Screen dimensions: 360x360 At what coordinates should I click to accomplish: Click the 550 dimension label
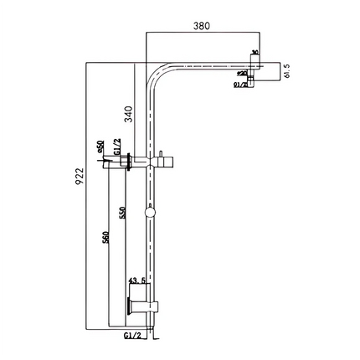point(123,213)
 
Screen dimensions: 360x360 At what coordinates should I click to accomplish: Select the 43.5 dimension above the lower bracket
point(137,281)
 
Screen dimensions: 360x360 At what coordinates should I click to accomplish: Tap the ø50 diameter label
point(100,147)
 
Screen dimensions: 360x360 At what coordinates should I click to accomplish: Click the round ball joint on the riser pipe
point(150,213)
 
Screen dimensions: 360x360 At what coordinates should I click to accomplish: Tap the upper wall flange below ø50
point(126,161)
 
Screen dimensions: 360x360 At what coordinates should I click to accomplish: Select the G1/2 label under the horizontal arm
point(239,84)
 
